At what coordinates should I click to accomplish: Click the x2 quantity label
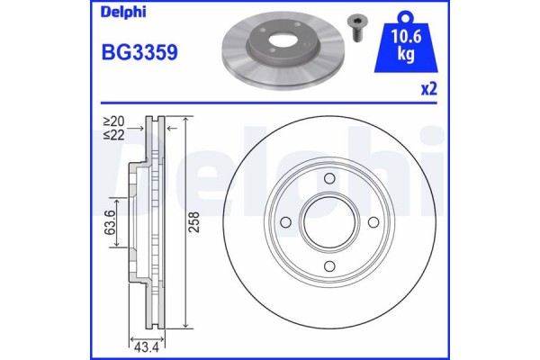429,90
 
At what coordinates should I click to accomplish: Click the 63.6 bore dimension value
110,221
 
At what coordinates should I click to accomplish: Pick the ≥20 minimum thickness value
113,121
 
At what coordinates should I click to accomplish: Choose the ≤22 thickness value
113,134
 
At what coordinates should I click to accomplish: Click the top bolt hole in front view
329,178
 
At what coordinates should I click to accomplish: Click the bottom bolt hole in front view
329,265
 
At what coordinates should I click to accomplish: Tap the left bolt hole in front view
286,221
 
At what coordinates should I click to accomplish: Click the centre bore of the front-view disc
329,221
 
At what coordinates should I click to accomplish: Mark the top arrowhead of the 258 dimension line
185,120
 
